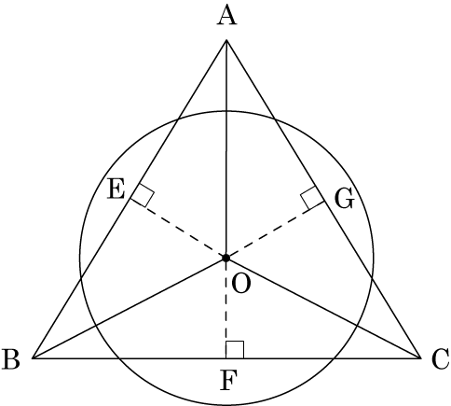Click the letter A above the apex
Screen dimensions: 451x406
[226, 16]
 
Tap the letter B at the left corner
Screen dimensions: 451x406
[11, 359]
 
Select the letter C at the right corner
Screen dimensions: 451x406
[441, 359]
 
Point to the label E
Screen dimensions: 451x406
[116, 189]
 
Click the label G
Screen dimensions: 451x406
[345, 199]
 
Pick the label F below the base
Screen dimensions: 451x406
[229, 380]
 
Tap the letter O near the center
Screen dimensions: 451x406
[241, 285]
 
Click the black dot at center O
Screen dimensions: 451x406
[225, 258]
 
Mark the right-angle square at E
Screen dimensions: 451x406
[143, 195]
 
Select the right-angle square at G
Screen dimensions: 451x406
[312, 198]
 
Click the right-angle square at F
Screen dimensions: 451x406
[235, 350]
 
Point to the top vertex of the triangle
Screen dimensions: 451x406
[226, 40]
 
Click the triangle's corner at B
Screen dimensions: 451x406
[33, 358]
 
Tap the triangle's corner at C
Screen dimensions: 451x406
[420, 358]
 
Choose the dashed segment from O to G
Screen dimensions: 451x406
[275, 230]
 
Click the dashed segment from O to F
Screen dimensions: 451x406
[225, 308]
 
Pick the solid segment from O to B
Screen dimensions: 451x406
[130, 308]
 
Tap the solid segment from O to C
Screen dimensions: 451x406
[323, 308]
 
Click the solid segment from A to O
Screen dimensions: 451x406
[226, 148]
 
